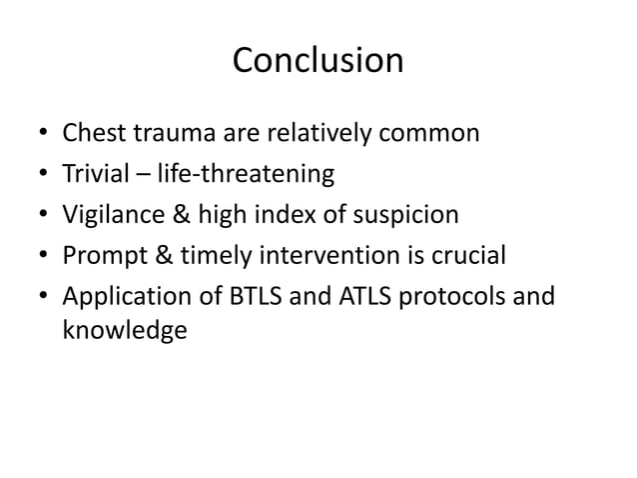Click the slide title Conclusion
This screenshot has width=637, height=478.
pyautogui.click(x=318, y=61)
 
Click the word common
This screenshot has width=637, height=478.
pyautogui.click(x=427, y=133)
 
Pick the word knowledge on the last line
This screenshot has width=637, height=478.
pyautogui.click(x=124, y=331)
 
